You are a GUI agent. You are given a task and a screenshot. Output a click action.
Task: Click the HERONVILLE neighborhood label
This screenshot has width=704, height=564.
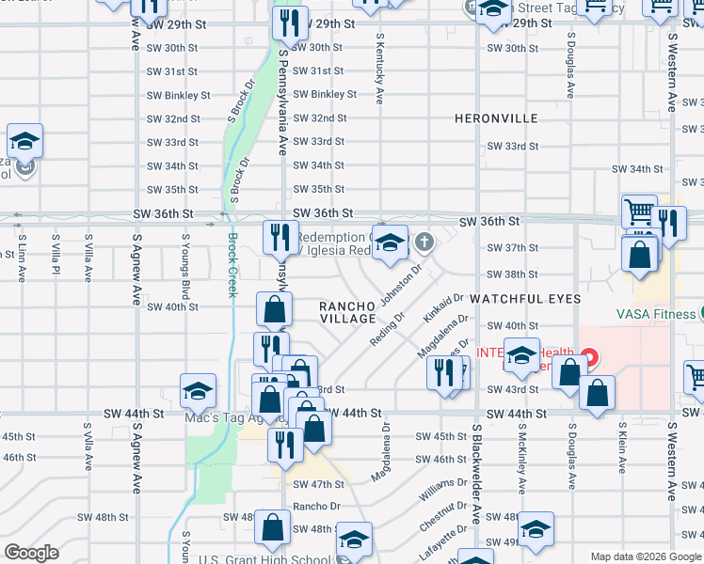tap(496, 118)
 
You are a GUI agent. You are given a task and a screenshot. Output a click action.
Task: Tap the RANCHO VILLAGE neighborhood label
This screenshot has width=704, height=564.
tap(347, 312)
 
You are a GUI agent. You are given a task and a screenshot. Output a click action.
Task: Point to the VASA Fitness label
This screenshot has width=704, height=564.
tap(656, 314)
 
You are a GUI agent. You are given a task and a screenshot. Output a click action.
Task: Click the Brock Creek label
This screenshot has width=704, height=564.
tap(232, 266)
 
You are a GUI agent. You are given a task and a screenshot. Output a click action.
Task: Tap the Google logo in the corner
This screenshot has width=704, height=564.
tap(31, 553)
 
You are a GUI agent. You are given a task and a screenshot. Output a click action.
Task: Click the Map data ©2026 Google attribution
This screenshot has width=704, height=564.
tap(645, 556)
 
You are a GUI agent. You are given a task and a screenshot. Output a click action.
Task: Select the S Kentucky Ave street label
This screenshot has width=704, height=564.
tap(380, 70)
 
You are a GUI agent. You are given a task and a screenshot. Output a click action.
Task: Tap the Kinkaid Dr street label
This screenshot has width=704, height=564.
tap(444, 309)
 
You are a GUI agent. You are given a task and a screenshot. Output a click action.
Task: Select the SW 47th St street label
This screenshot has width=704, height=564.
tap(319, 484)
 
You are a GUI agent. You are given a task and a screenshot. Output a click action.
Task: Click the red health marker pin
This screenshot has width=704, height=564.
tap(589, 358)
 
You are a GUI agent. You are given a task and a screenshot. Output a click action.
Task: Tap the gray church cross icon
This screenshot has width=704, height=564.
tap(424, 243)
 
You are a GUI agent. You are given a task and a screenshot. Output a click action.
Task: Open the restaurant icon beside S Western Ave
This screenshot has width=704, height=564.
tap(669, 225)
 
